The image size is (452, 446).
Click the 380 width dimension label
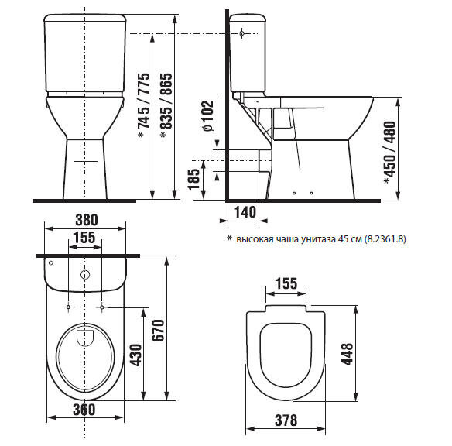[87, 220]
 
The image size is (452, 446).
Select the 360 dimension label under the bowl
[84, 410]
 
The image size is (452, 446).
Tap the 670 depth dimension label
[158, 330]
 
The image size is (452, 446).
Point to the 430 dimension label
[135, 355]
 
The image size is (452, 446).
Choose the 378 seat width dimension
[286, 420]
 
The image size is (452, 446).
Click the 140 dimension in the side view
[245, 212]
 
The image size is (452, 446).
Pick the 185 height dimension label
[193, 179]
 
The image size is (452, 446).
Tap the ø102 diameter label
[208, 116]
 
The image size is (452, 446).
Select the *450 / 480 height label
[390, 153]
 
